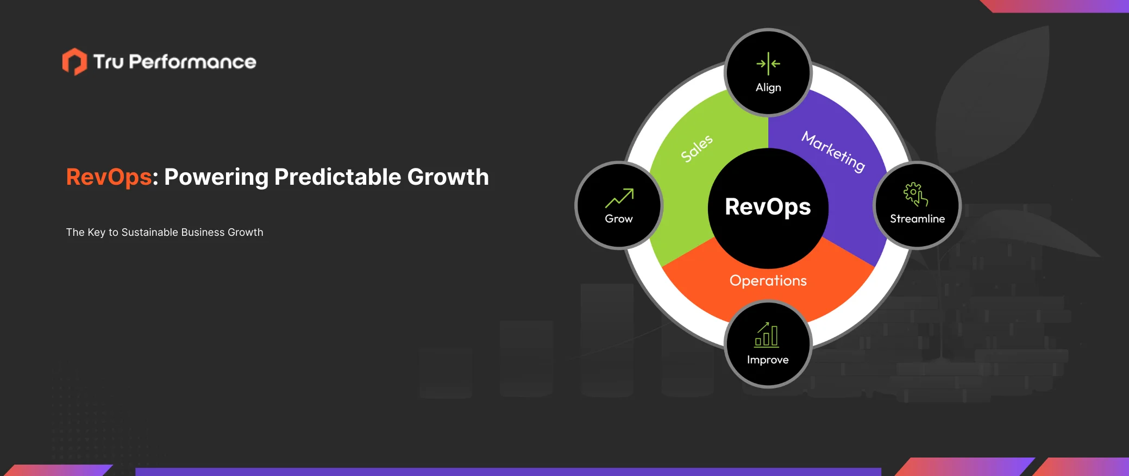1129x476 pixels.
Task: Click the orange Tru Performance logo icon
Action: [x=74, y=61]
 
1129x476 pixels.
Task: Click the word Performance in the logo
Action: [x=192, y=62]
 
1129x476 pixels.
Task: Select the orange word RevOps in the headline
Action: [x=109, y=178]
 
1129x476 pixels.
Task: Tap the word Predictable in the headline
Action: [x=337, y=177]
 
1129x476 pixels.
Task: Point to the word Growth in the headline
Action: [x=448, y=177]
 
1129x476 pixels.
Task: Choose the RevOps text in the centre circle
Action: [x=768, y=207]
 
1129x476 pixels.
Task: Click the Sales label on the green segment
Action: [x=697, y=148]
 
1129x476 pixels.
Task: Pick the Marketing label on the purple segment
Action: [x=833, y=152]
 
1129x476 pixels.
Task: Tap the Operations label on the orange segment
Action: [x=768, y=280]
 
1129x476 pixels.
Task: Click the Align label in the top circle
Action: [x=768, y=87]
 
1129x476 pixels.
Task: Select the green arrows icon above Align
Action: [x=768, y=64]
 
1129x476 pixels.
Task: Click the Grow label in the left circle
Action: [x=619, y=218]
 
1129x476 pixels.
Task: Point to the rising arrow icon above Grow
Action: [x=619, y=198]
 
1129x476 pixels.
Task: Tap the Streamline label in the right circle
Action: [x=917, y=218]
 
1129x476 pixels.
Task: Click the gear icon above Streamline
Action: [x=915, y=194]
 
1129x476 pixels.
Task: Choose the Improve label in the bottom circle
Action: [x=768, y=360]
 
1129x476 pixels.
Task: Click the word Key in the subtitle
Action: [x=96, y=232]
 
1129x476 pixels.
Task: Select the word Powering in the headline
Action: [x=216, y=178]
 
